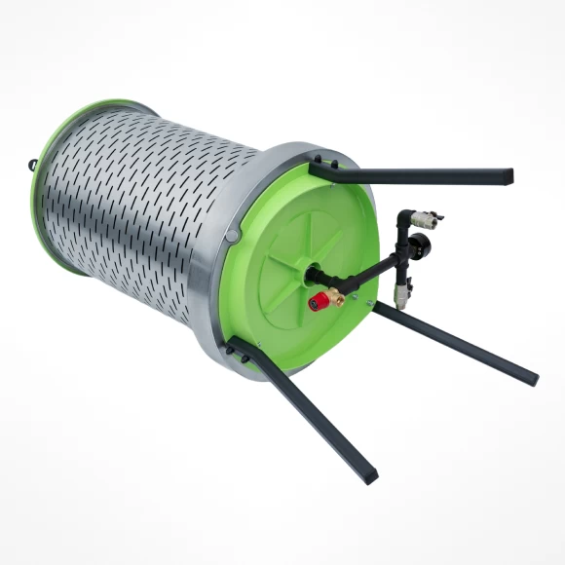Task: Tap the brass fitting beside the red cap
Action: point(335,297)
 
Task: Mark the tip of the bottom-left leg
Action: point(368,476)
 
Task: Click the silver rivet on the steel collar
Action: point(231,236)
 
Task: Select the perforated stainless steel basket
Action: point(136,195)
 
